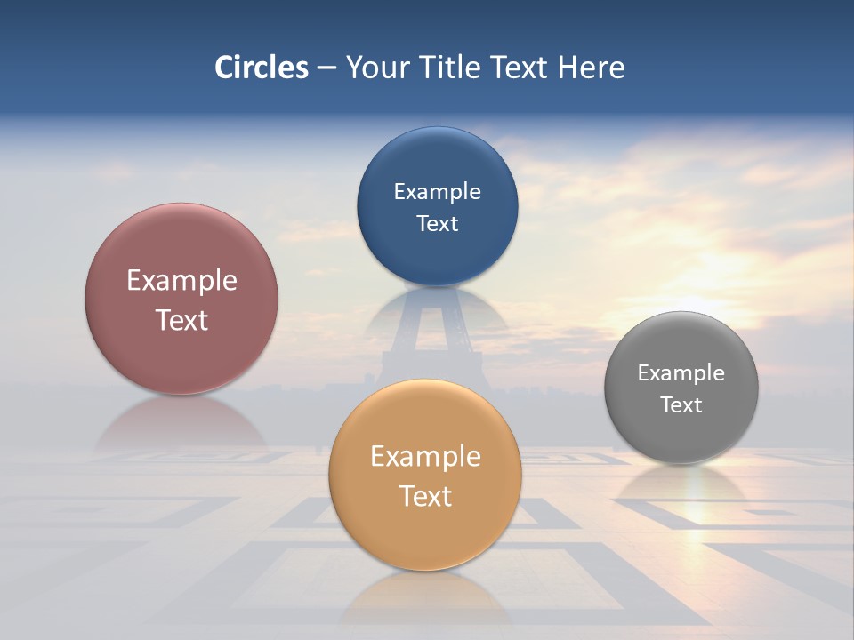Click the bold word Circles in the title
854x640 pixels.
point(262,68)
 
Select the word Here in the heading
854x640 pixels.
point(592,68)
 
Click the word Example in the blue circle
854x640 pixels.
point(438,192)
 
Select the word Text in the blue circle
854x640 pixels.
point(438,223)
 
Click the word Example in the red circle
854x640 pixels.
point(181,281)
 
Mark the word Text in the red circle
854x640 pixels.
point(181,320)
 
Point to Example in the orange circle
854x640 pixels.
point(425,457)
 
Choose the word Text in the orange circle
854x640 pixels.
point(425,496)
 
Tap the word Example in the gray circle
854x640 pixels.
point(681,373)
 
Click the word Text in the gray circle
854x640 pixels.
point(681,405)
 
